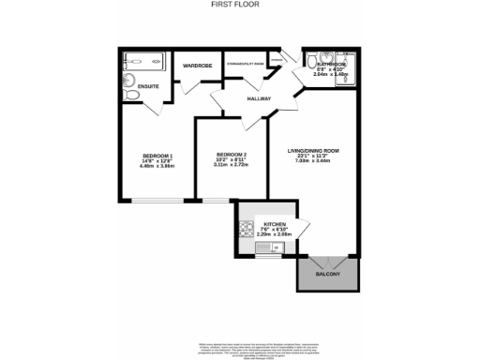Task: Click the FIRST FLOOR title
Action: [240, 5]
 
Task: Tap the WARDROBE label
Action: [197, 67]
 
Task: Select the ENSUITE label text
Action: [148, 86]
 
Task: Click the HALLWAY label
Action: [259, 98]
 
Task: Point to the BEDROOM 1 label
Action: [157, 155]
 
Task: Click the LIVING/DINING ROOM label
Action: [313, 150]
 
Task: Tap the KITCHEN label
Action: [275, 225]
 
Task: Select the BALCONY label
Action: [327, 275]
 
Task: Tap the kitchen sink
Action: [266, 247]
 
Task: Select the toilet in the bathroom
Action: [322, 55]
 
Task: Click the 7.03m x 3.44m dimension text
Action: [313, 163]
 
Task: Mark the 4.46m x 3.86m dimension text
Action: [157, 168]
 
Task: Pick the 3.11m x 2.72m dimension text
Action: [231, 166]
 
